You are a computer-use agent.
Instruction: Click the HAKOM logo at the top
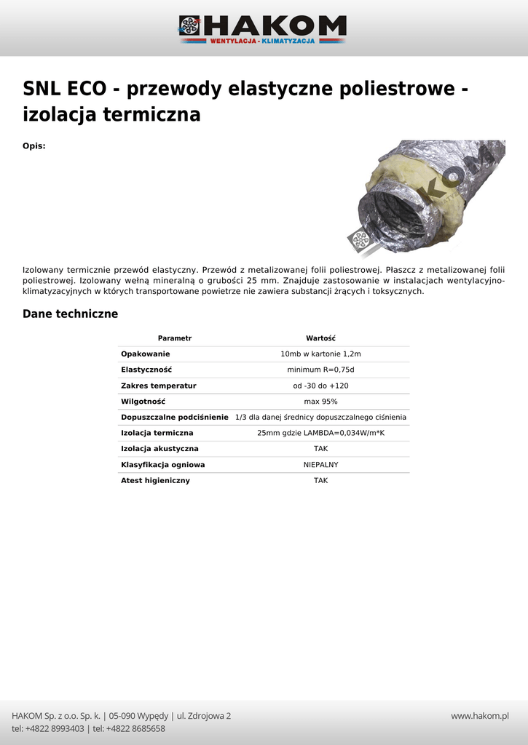pos(263,29)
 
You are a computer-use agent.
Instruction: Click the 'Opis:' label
pos(34,146)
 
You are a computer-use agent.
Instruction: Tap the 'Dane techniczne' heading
pos(70,314)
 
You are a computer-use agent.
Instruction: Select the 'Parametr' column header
pos(175,338)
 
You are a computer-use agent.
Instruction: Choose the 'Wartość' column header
pos(320,338)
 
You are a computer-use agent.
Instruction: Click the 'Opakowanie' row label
pos(146,354)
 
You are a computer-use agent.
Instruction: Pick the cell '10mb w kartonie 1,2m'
pos(320,354)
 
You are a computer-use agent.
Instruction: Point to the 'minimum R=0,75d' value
pos(320,370)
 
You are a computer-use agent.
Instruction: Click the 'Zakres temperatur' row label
pos(159,386)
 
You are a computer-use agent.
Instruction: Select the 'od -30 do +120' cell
pos(320,386)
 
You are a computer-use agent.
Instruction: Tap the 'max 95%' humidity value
pos(320,402)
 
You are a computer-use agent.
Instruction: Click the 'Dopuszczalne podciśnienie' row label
pos(175,418)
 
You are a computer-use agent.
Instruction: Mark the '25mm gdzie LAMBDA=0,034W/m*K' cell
pos(320,433)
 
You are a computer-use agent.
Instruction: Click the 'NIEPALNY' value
pos(320,465)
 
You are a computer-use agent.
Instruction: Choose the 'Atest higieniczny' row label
pos(155,481)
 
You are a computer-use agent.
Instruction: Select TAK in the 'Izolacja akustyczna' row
pos(320,449)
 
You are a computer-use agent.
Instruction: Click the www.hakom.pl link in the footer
pos(479,716)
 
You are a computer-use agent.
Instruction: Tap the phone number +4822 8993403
pos(55,729)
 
